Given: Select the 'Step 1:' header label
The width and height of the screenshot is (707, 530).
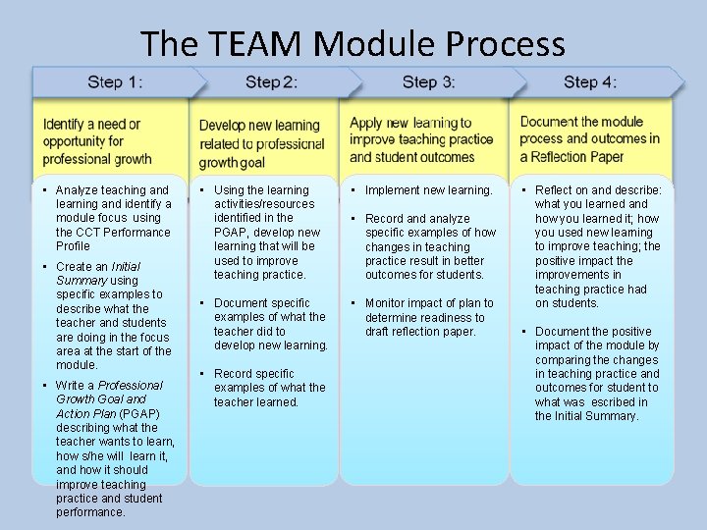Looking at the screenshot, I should (115, 82).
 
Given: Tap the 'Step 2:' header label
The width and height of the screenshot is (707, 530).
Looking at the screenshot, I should (271, 82).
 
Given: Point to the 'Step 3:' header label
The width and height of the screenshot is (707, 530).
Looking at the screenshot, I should (428, 82).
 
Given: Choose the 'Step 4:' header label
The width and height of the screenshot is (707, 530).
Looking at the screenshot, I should (590, 82).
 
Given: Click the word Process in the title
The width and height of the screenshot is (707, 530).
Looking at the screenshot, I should (505, 44).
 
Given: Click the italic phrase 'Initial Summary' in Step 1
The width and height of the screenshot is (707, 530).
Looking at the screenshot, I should (98, 273).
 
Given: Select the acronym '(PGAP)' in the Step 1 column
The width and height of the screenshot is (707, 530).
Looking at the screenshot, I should (138, 413).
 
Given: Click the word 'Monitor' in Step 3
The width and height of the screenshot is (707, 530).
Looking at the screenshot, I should (385, 303).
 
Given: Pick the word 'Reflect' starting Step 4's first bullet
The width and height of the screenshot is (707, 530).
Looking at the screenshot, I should (554, 190).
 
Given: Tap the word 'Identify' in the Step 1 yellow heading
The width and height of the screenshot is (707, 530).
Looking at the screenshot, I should (64, 125).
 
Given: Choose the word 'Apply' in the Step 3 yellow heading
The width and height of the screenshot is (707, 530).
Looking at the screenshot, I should (365, 123).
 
